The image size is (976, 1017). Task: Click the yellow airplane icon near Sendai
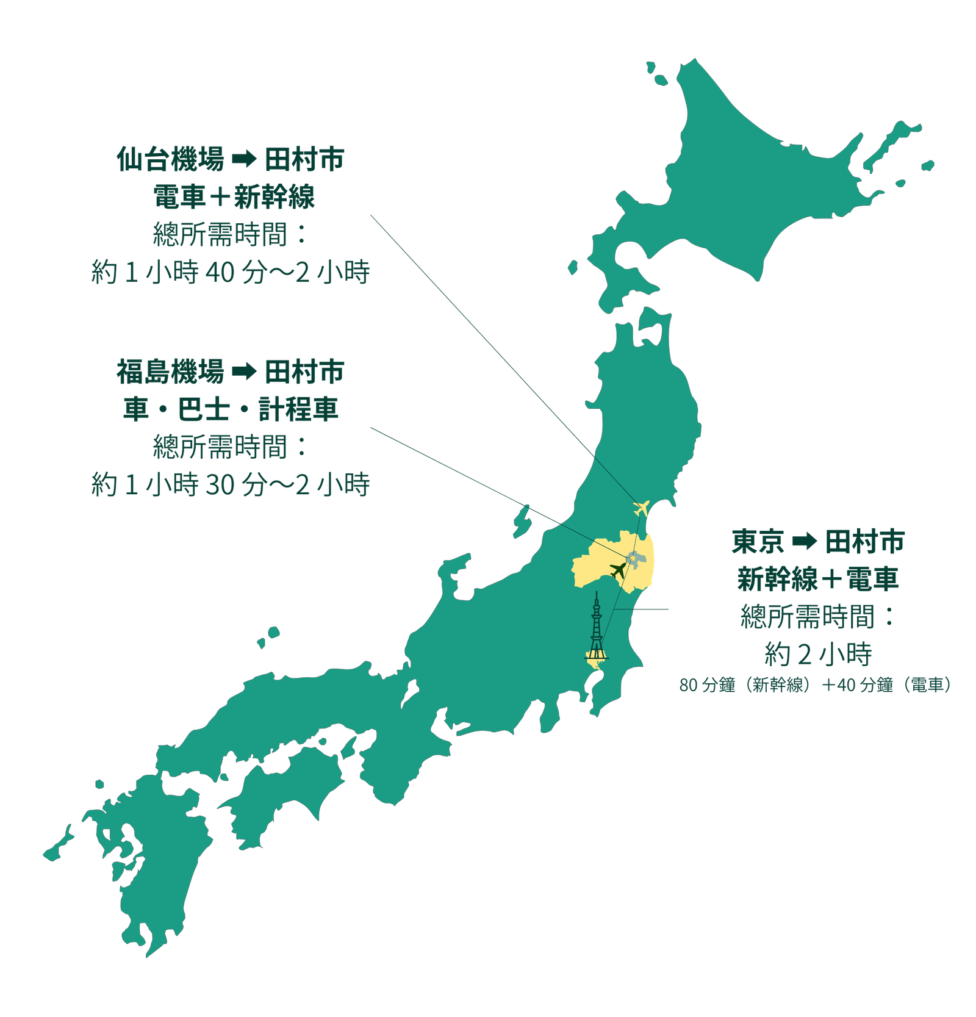641,507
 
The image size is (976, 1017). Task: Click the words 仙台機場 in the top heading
171,159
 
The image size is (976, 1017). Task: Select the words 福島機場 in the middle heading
171,372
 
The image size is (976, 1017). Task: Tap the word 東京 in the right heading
758,542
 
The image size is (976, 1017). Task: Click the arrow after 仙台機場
244,160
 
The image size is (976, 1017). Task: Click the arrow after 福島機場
244,372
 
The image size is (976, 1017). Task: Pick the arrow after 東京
804,542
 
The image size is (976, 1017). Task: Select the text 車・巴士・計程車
231,409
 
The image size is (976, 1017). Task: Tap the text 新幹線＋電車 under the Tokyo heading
818,579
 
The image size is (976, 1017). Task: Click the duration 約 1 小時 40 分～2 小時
231,272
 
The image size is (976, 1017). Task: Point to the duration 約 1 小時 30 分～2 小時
231,484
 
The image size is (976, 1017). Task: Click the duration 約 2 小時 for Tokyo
818,655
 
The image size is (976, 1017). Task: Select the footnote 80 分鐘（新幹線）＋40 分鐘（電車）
816,685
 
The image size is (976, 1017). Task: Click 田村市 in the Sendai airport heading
304,159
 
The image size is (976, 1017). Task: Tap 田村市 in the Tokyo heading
864,542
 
